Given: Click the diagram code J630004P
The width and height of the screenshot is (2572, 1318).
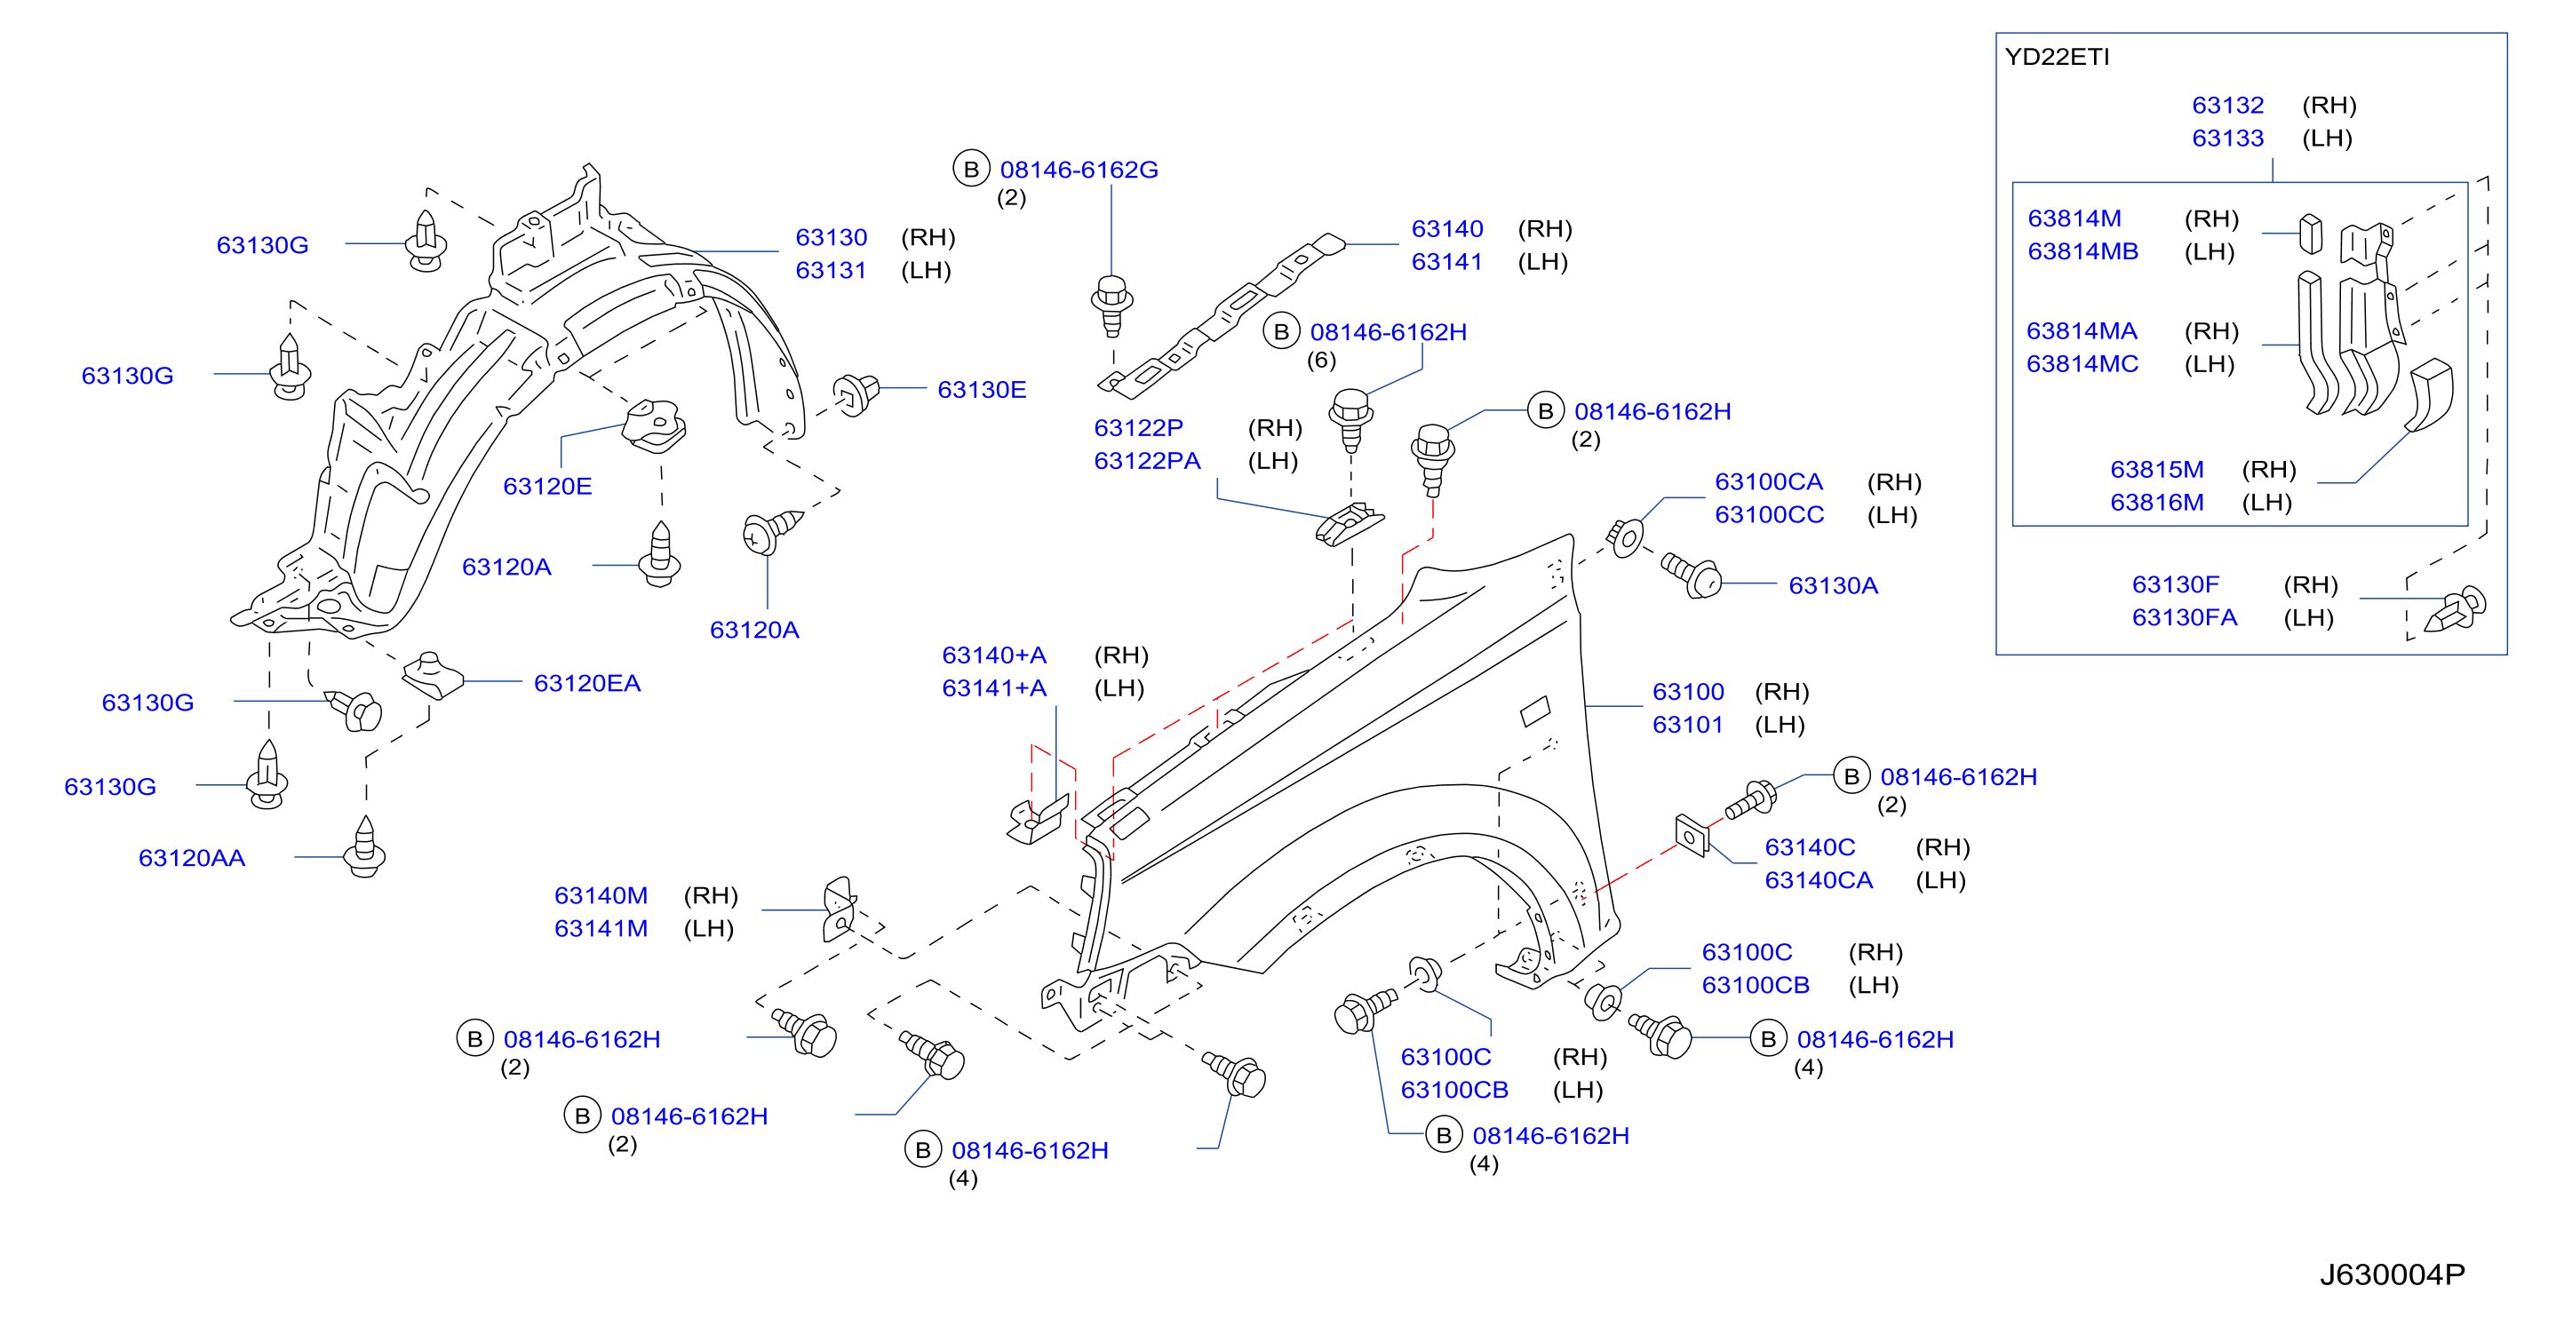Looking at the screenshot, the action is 2392,1275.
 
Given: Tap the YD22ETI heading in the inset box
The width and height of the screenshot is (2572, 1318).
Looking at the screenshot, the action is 2057,57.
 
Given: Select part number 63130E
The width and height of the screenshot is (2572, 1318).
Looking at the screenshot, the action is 982,389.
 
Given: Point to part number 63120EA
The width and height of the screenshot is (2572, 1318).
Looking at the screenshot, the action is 587,683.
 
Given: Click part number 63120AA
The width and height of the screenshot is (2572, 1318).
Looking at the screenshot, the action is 192,858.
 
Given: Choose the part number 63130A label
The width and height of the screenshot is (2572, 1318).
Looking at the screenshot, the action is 1833,585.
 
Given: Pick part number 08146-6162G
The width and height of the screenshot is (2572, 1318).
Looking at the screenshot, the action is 1079,170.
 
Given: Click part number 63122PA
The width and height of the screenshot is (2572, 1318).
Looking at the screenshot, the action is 1147,460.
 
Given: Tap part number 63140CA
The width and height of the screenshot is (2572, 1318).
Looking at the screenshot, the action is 1819,879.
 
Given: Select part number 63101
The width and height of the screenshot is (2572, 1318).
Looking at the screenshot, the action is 1687,724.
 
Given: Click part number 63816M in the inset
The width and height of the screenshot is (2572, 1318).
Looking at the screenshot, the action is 2156,502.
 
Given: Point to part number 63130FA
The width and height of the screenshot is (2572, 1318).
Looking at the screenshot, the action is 2185,617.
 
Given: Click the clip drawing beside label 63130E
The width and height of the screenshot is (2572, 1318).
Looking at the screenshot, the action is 856,393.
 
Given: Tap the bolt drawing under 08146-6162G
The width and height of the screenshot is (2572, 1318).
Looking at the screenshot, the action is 1111,306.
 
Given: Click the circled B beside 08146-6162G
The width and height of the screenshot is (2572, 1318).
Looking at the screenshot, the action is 970,169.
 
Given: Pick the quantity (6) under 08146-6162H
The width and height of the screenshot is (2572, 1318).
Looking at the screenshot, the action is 1321,360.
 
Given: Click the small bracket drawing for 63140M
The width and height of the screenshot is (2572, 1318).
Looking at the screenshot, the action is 839,909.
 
